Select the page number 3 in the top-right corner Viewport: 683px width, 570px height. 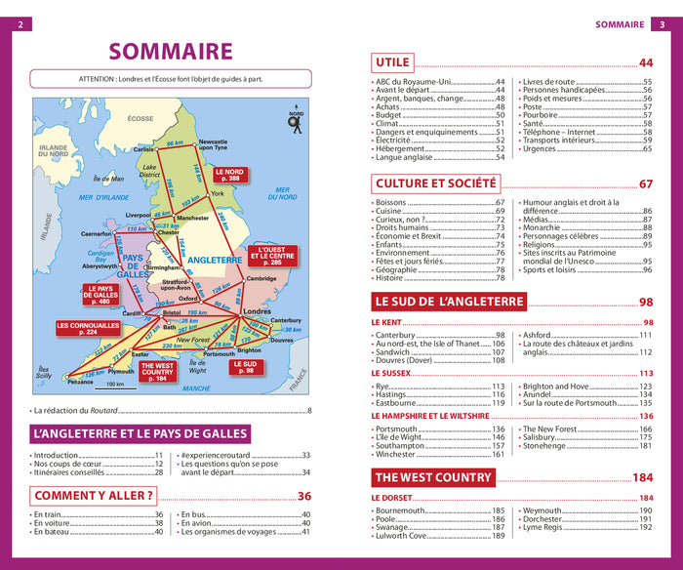[663, 24]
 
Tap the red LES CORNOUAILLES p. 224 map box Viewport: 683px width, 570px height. [89, 329]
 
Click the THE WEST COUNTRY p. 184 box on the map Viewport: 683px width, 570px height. [157, 372]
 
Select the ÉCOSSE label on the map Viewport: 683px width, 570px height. [141, 118]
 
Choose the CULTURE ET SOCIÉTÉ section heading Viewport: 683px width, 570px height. [435, 183]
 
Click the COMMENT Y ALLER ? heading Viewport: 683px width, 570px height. [95, 496]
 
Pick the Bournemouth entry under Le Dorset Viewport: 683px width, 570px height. [402, 510]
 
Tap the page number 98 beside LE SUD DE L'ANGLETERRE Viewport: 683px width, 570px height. [646, 303]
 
